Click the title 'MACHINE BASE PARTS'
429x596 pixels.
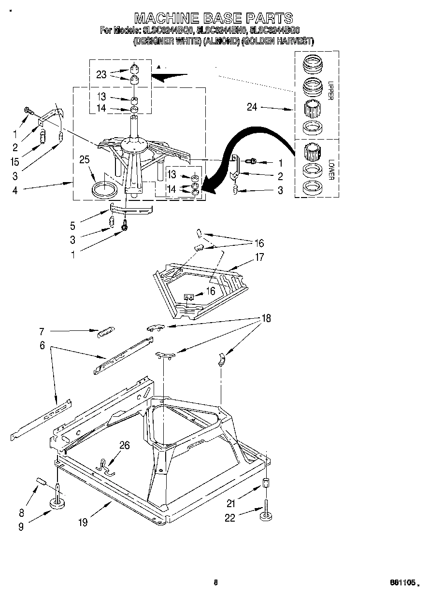(x=213, y=18)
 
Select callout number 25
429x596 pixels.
(x=85, y=159)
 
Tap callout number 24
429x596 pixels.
(x=252, y=107)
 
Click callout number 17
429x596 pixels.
(x=259, y=257)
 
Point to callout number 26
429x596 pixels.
(x=124, y=445)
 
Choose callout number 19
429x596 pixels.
(x=83, y=522)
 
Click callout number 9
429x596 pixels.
(x=21, y=527)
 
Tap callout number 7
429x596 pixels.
(x=42, y=331)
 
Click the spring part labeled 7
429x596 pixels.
(x=105, y=332)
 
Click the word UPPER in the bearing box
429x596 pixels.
(x=330, y=90)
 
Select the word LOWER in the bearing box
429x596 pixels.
(x=330, y=170)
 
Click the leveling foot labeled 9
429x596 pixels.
(x=58, y=504)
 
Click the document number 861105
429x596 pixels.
(x=403, y=583)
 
